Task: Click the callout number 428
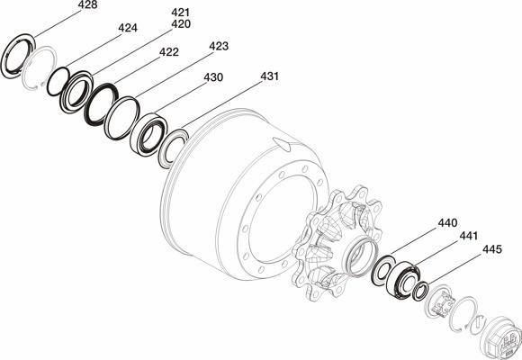point(87,5)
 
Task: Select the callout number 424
point(128,28)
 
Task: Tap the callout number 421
point(180,13)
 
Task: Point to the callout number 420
point(180,24)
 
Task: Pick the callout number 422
point(169,52)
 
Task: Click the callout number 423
point(219,46)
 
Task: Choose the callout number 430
point(213,77)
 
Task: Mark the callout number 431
point(269,76)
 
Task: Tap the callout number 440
point(447,223)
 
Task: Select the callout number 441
point(468,236)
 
